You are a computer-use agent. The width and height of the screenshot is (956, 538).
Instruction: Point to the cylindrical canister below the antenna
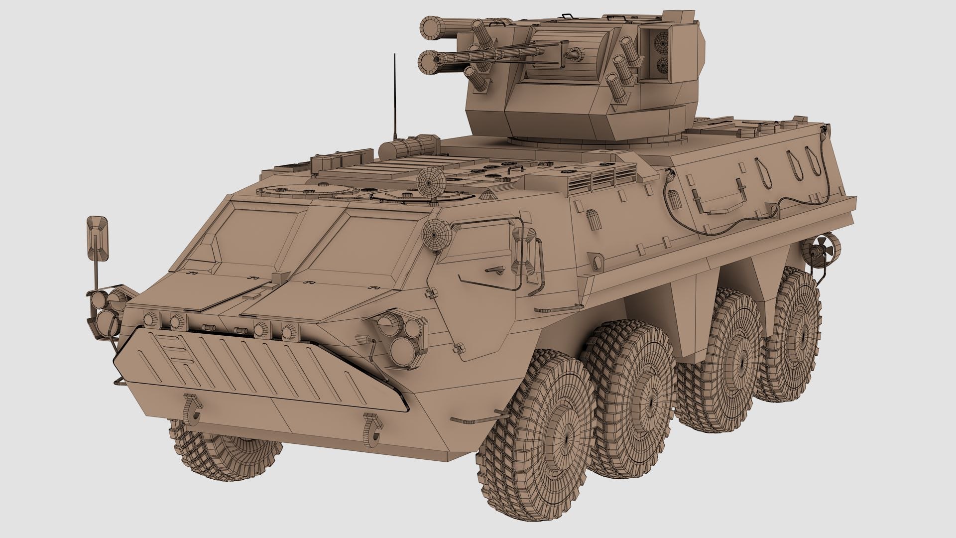click(408, 147)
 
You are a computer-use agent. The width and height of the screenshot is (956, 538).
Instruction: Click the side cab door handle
click(493, 269)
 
